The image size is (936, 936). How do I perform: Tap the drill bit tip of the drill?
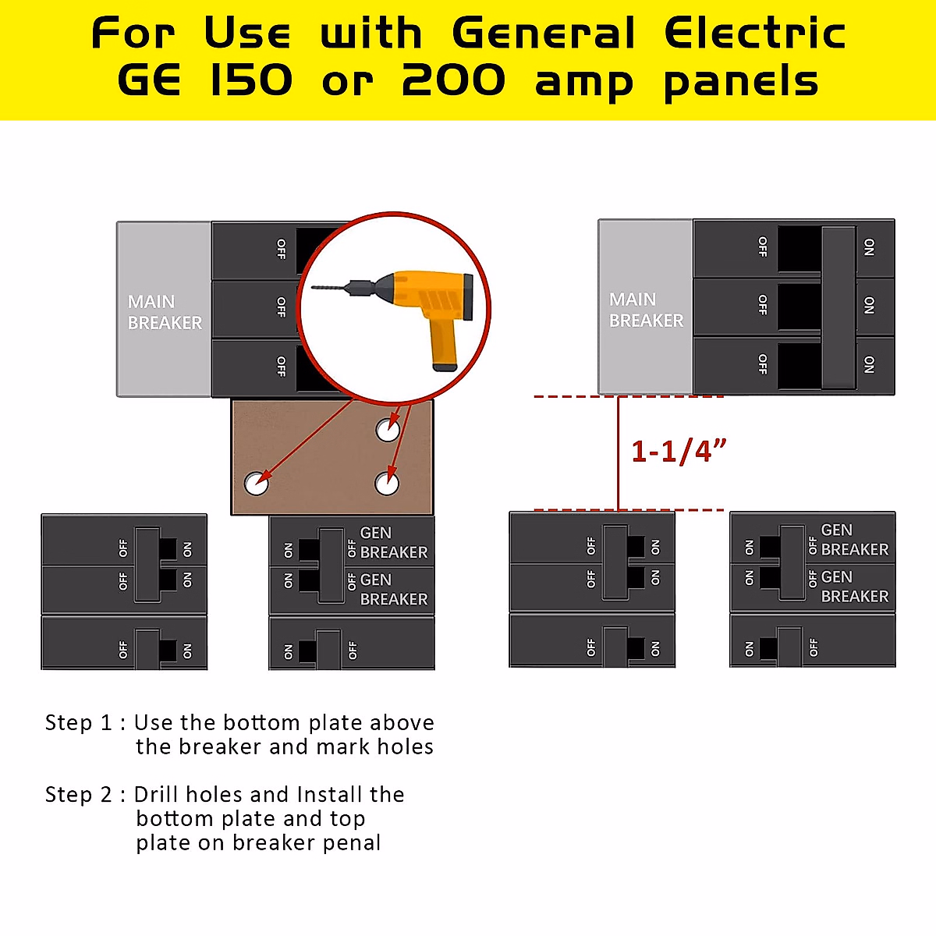coord(314,288)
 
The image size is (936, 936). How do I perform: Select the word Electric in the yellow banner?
coord(754,34)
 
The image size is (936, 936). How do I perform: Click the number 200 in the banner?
coord(453,81)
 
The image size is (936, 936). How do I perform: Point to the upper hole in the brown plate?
coord(388,429)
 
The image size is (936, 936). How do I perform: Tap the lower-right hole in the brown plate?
coord(387,484)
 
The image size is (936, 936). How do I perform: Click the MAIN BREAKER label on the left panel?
coord(165,312)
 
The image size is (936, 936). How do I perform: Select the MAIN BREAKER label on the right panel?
coord(646,310)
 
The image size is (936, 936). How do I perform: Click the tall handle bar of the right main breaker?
coord(838,307)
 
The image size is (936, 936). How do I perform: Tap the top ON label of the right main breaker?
coord(870,248)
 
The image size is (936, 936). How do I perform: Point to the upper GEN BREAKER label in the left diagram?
coord(393,542)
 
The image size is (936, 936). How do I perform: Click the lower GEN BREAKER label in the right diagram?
coord(854,587)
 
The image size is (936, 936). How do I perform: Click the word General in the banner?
coord(544,34)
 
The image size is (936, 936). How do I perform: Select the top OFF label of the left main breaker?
coord(282,249)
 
